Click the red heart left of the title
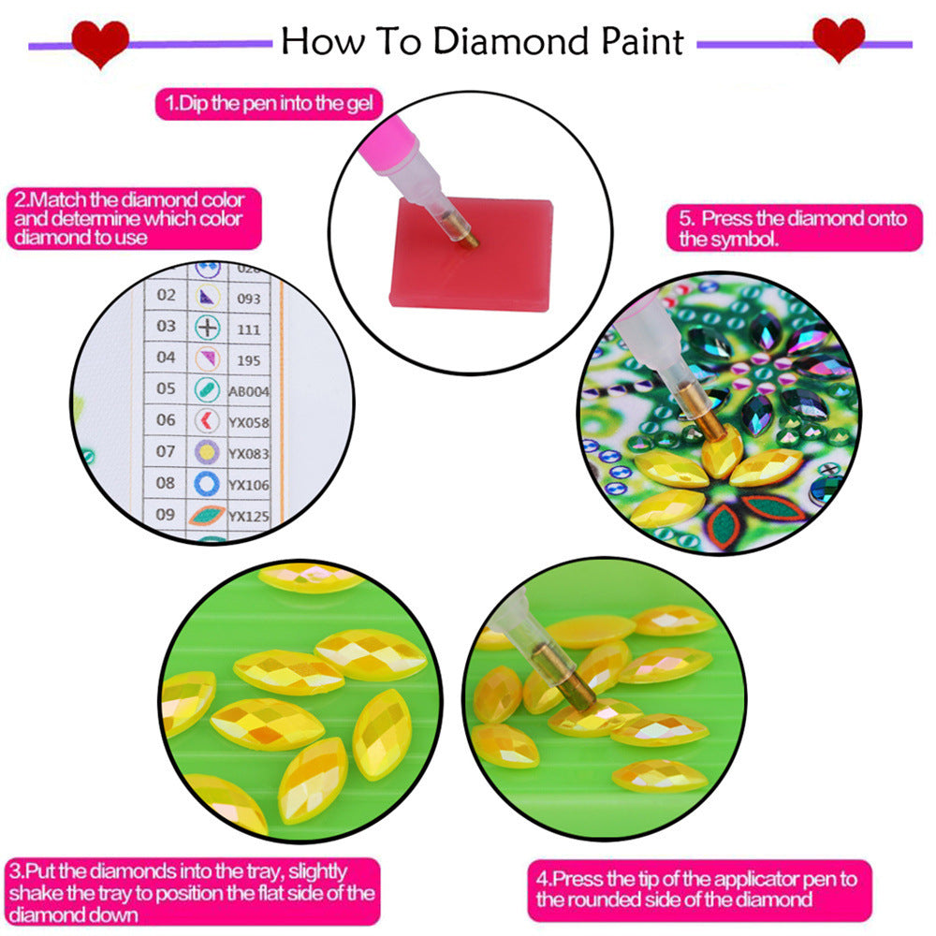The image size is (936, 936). click(x=99, y=43)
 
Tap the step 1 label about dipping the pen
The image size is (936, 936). click(x=269, y=103)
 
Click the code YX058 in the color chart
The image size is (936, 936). click(x=249, y=421)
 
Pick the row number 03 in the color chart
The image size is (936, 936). click(x=166, y=326)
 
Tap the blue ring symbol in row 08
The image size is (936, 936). click(x=206, y=483)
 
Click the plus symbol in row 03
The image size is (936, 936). click(x=206, y=327)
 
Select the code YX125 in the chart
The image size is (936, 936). click(x=249, y=515)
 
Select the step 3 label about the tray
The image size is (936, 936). click(x=193, y=893)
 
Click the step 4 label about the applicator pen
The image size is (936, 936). click(x=696, y=889)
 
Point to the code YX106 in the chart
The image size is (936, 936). click(x=249, y=483)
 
